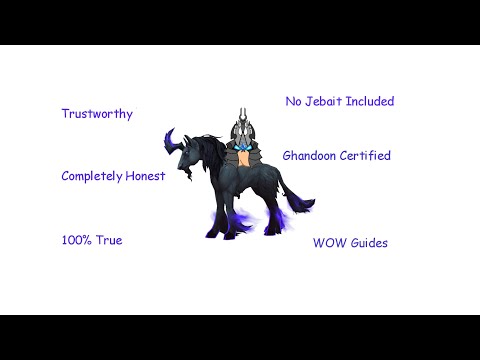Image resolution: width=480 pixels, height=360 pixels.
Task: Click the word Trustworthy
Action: point(97,114)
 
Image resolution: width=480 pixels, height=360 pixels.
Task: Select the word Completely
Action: point(88,176)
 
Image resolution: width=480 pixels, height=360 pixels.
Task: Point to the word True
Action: point(108,241)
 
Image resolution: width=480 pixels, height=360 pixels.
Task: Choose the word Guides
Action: point(368,243)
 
